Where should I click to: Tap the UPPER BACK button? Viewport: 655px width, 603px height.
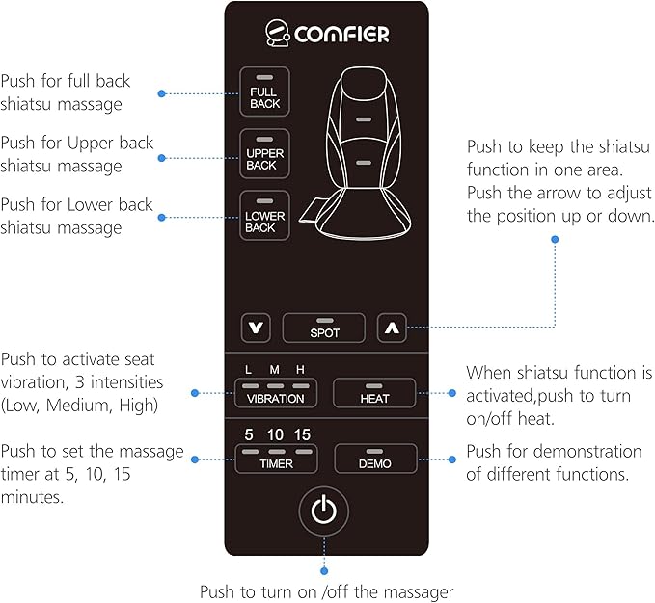tap(263, 149)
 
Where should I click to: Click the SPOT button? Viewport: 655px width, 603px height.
tap(324, 328)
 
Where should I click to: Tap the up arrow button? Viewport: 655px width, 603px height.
tap(391, 328)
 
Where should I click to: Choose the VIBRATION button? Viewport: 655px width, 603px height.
tap(275, 393)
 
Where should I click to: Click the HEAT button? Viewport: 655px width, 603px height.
tap(374, 393)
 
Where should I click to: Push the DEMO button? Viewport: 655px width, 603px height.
tap(375, 458)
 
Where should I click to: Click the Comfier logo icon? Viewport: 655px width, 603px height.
tap(279, 35)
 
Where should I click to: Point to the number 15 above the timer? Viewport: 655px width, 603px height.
tap(303, 433)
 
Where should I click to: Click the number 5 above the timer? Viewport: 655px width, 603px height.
tap(249, 433)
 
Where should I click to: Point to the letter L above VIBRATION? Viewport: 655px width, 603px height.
tap(249, 370)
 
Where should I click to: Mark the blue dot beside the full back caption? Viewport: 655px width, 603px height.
tap(161, 93)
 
